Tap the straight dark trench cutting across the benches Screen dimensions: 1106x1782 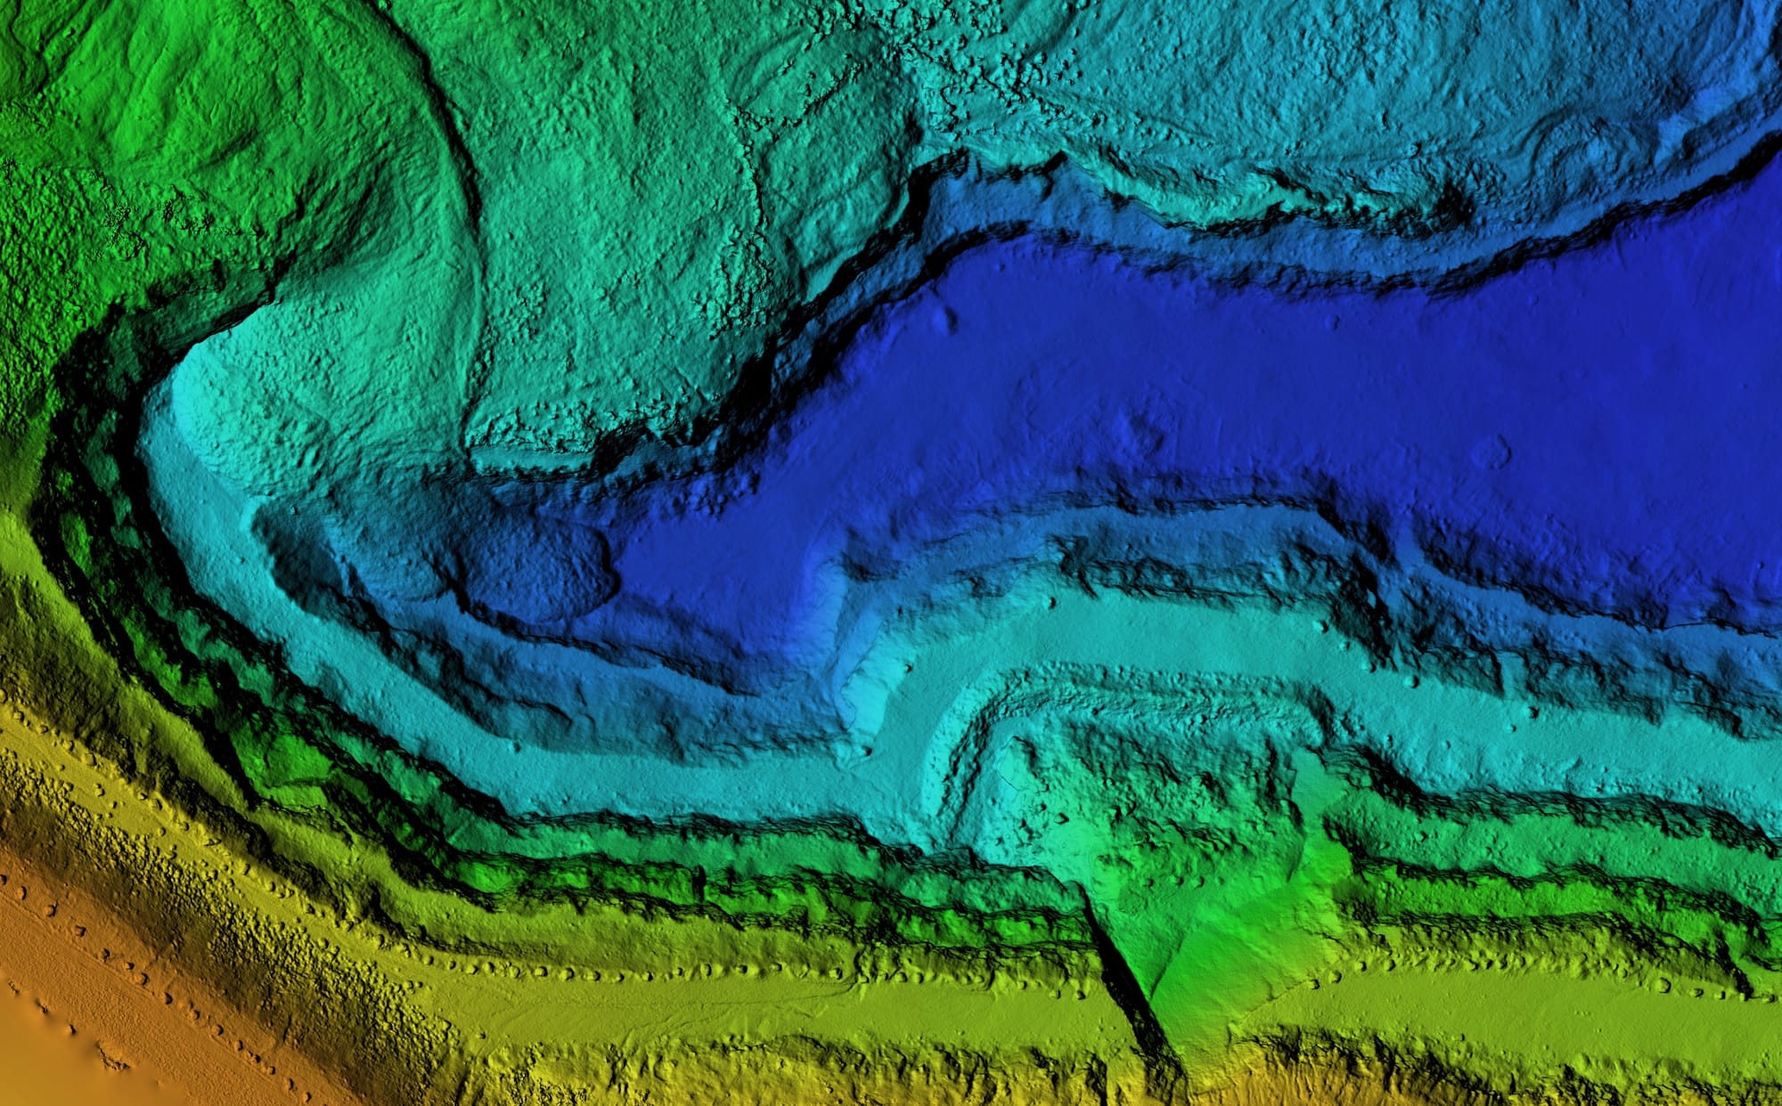[x=1124, y=971]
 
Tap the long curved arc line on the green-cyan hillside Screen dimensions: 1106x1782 [x=468, y=223]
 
